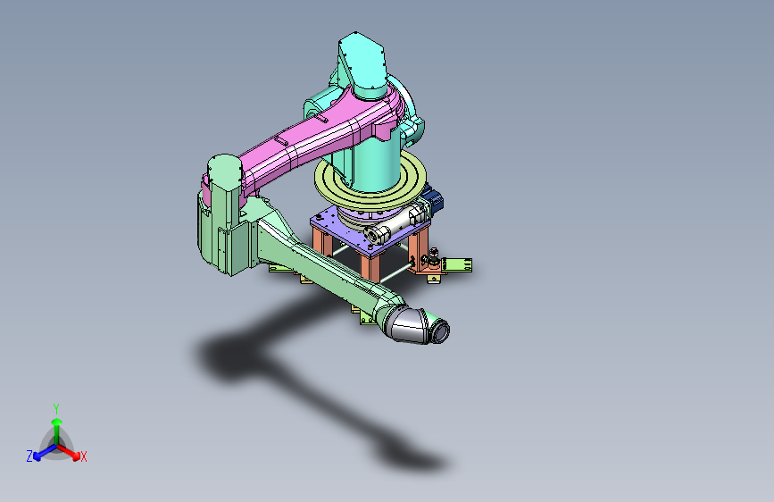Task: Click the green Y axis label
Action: coord(55,407)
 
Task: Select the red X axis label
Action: coord(84,457)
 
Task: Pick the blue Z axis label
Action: coord(29,456)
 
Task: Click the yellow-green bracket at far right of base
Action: coord(459,264)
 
